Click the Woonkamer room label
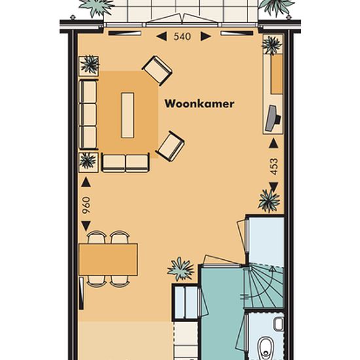tap(200, 104)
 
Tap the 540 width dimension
tap(183, 37)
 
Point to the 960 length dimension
tap(87, 206)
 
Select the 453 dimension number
tap(274, 166)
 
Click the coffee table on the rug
tap(128, 115)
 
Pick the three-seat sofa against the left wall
tap(88, 115)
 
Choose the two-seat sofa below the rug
tap(126, 163)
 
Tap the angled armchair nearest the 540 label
tap(157, 71)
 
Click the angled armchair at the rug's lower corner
tap(170, 146)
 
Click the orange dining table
tap(108, 259)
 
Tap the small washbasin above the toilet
tap(278, 324)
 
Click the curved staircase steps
tap(264, 287)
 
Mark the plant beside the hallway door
tap(181, 269)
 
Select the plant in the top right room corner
tap(272, 45)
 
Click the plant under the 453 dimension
tap(269, 202)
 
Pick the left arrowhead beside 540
tap(162, 36)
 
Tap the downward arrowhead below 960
tap(86, 226)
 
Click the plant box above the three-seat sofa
tap(89, 66)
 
